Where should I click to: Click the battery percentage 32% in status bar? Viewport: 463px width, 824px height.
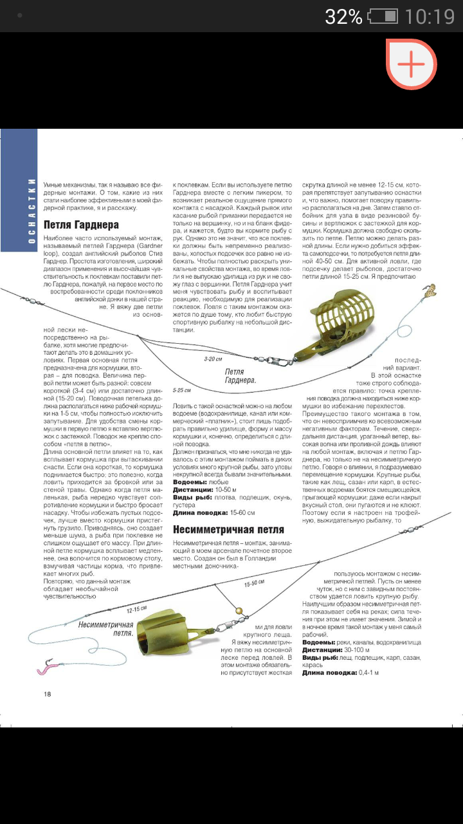coord(343,16)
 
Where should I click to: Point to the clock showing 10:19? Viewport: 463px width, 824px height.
coord(430,16)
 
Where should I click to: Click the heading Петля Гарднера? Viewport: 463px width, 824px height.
coord(82,225)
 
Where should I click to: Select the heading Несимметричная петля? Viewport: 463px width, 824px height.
coord(228,529)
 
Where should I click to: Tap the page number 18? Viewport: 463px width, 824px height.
coord(47,693)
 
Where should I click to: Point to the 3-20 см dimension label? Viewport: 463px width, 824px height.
coord(213,359)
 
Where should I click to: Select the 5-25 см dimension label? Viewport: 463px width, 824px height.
coord(183,390)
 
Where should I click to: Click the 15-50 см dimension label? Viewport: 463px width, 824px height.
coord(255,584)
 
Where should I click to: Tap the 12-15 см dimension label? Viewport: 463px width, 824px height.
coord(136,609)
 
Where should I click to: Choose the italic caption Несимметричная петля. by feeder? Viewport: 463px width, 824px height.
coord(106,628)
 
